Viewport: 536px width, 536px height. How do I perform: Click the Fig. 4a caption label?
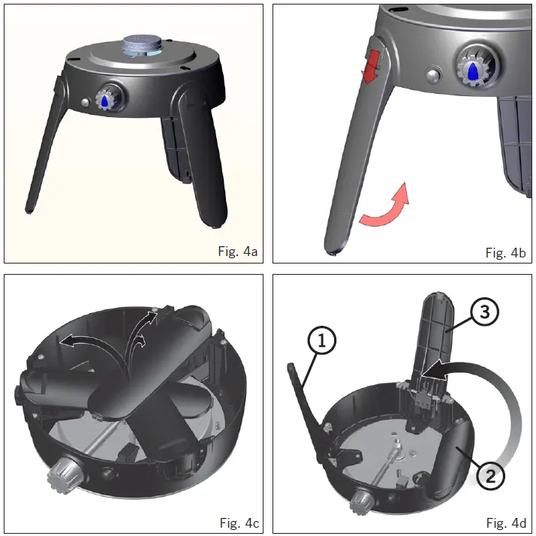click(x=237, y=251)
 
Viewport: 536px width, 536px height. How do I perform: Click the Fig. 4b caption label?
click(x=505, y=251)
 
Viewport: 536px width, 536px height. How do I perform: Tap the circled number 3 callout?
click(x=483, y=313)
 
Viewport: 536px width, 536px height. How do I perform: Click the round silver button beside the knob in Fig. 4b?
click(x=434, y=76)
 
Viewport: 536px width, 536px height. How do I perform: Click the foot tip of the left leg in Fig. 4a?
click(x=29, y=211)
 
